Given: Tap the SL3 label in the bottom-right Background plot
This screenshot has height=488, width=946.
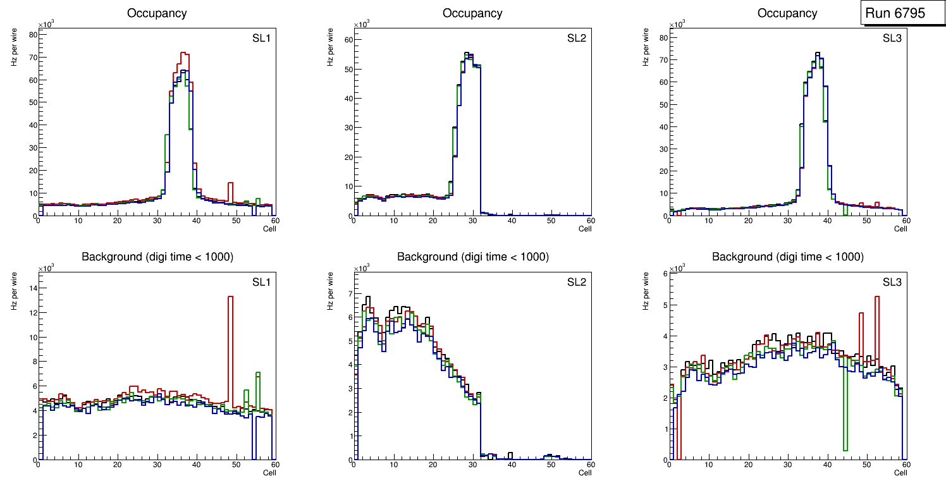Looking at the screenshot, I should pyautogui.click(x=892, y=282).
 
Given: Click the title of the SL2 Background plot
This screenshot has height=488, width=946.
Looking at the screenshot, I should pyautogui.click(x=472, y=257).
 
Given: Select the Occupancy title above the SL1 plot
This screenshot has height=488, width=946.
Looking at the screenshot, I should pyautogui.click(x=157, y=13).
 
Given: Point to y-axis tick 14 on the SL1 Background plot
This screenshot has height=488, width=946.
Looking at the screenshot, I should pyautogui.click(x=32, y=288).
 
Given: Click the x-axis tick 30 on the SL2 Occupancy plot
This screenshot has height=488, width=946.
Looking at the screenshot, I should pyautogui.click(x=472, y=221).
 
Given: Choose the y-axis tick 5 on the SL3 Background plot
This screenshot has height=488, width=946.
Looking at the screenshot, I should pyautogui.click(x=664, y=305).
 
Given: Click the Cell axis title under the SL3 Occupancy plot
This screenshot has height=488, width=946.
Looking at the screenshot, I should pyautogui.click(x=900, y=229).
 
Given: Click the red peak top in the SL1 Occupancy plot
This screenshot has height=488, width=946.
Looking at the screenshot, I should pyautogui.click(x=184, y=54).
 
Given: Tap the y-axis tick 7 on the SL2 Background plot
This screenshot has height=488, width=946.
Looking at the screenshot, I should pyautogui.click(x=347, y=294).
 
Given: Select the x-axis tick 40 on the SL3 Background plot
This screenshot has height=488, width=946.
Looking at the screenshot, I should pyautogui.click(x=827, y=465).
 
